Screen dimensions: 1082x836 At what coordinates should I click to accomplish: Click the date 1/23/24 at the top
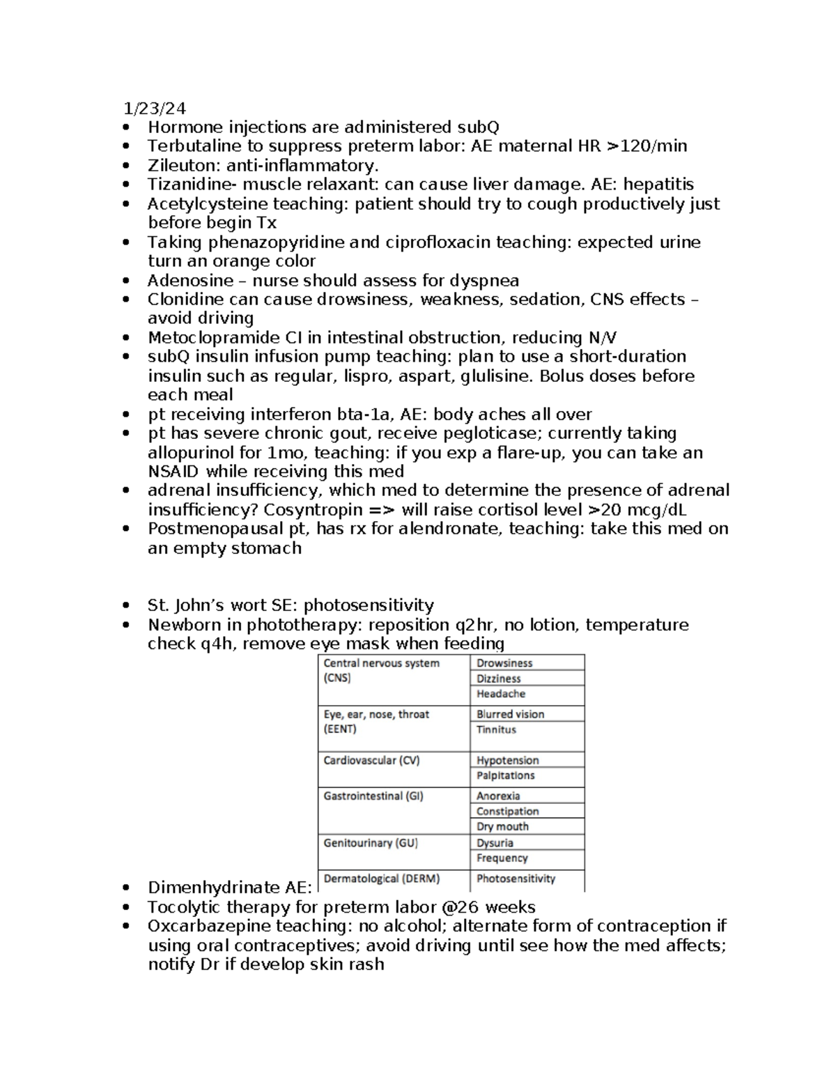tap(155, 108)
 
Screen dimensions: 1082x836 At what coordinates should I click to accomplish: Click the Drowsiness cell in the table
tap(504, 663)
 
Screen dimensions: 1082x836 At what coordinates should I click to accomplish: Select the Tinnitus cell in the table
tap(496, 729)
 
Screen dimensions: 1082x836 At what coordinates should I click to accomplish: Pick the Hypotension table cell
tap(507, 760)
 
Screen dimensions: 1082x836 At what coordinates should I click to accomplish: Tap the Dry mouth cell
tap(502, 826)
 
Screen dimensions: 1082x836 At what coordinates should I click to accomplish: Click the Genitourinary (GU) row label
tap(371, 843)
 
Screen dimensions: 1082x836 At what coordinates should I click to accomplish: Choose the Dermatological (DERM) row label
tap(381, 879)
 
